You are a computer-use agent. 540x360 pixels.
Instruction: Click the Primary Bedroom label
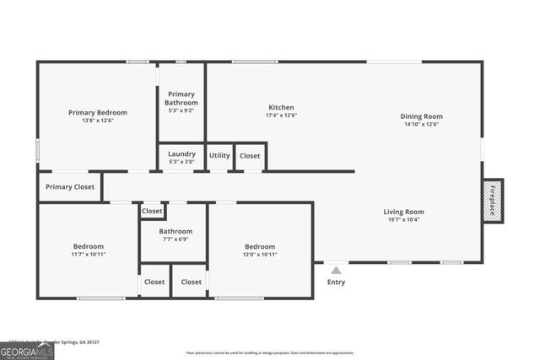pyautogui.click(x=98, y=112)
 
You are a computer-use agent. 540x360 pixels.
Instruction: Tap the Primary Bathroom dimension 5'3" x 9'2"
pyautogui.click(x=181, y=110)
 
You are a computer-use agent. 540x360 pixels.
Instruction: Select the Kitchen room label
pyautogui.click(x=281, y=107)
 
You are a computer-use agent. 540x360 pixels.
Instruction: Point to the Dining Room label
pyautogui.click(x=421, y=116)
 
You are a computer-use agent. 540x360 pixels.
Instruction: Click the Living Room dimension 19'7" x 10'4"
pyautogui.click(x=403, y=220)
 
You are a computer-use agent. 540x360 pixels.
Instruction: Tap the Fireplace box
pyautogui.click(x=493, y=201)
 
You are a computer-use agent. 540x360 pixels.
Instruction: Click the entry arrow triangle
pyautogui.click(x=336, y=271)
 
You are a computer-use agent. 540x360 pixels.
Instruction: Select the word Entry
pyautogui.click(x=336, y=282)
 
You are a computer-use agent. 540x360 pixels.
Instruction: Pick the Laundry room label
pyautogui.click(x=181, y=153)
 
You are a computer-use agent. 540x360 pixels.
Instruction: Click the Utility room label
pyautogui.click(x=219, y=155)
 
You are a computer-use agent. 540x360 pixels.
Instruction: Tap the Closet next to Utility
pyautogui.click(x=250, y=155)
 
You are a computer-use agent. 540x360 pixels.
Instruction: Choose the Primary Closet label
pyautogui.click(x=70, y=187)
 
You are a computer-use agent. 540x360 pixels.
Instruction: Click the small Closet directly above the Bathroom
pyautogui.click(x=153, y=212)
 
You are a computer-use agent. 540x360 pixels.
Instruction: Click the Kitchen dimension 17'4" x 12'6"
pyautogui.click(x=281, y=116)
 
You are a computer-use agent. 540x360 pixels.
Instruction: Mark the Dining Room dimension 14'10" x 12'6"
pyautogui.click(x=421, y=125)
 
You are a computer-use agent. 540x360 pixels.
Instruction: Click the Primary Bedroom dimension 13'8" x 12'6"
pyautogui.click(x=98, y=121)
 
